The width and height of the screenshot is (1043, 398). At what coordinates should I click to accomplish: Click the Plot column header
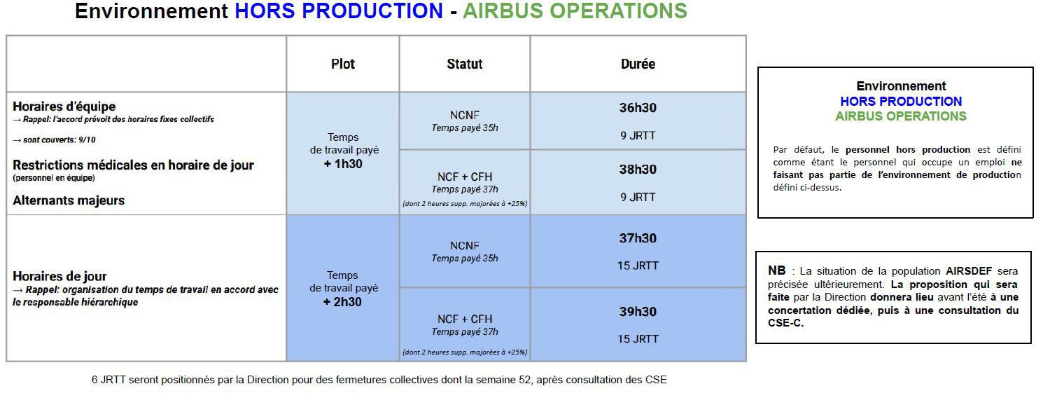(343, 64)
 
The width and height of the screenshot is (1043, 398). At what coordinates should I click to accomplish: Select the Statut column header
(464, 64)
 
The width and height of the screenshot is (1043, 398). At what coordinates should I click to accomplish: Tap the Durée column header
(638, 64)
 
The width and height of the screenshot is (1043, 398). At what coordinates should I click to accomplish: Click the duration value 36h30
(638, 108)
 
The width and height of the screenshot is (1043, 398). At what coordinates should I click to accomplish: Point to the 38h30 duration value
(638, 169)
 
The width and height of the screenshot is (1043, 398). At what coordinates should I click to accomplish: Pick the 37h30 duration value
(638, 238)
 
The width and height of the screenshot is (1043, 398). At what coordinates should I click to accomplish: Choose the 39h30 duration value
(638, 311)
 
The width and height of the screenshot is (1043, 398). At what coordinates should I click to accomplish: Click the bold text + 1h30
(343, 163)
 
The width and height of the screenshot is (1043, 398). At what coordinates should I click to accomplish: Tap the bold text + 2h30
(343, 301)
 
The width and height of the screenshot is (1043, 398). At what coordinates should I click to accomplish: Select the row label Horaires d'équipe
(64, 107)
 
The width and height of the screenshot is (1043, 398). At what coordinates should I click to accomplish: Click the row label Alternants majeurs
(69, 200)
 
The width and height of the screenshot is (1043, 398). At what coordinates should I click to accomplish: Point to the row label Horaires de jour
(59, 276)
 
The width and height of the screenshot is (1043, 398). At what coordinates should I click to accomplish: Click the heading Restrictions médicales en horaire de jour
(133, 165)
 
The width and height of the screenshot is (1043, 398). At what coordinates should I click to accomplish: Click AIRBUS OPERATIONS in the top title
(575, 11)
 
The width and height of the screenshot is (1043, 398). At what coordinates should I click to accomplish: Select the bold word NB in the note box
(777, 270)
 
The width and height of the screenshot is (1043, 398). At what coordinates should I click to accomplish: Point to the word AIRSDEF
(969, 270)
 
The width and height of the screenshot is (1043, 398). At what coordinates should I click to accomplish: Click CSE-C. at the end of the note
(785, 323)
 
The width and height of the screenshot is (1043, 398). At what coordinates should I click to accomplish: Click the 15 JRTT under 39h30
(638, 339)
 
